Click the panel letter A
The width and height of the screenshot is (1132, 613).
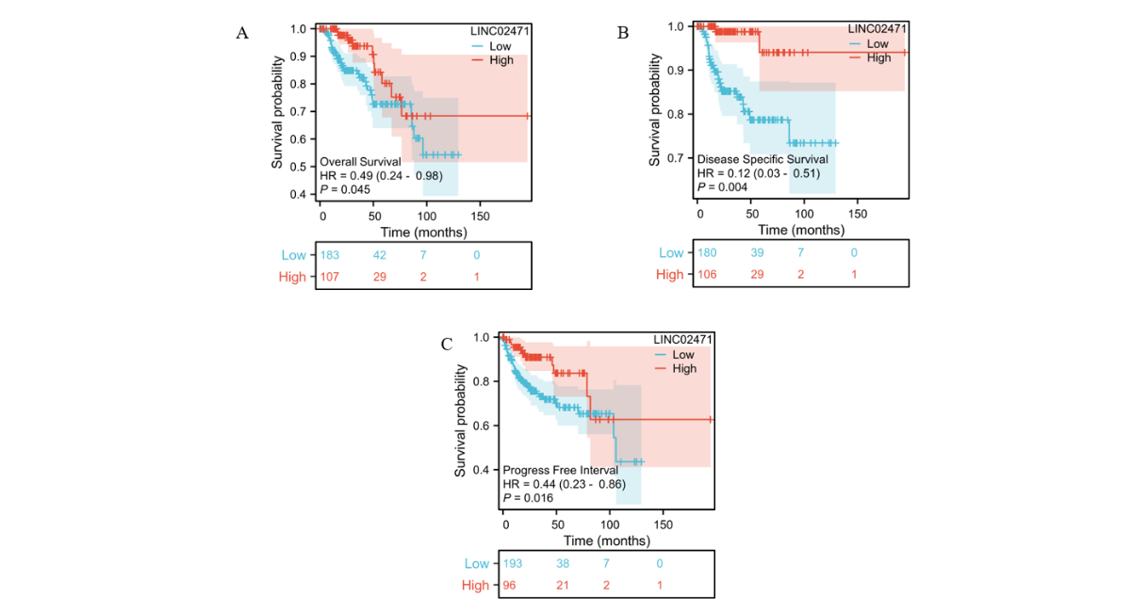click(x=242, y=33)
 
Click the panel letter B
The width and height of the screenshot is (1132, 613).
click(x=622, y=33)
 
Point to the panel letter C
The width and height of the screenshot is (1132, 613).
click(x=447, y=344)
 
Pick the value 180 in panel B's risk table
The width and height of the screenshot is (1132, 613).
click(x=707, y=252)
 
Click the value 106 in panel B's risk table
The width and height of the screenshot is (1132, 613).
click(x=707, y=274)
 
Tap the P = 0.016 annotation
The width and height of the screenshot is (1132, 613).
click(x=528, y=497)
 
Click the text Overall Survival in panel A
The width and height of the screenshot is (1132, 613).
click(x=361, y=162)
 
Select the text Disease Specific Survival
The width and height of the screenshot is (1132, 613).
click(x=762, y=159)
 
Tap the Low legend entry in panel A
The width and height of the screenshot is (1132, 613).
click(x=500, y=45)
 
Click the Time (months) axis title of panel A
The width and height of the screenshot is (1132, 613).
click(x=423, y=232)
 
